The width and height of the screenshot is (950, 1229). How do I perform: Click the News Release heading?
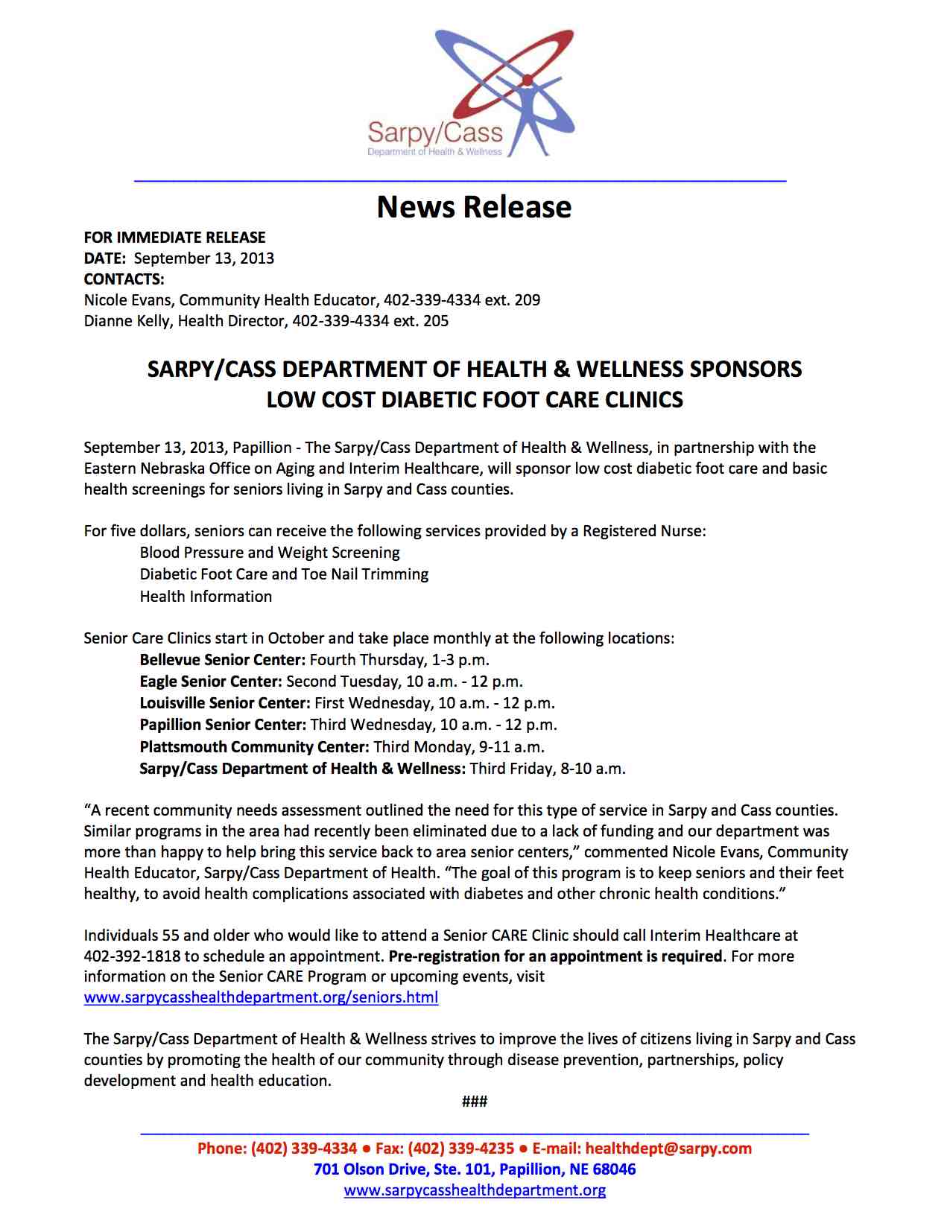click(474, 207)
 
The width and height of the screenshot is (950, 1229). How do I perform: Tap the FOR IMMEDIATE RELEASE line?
click(174, 238)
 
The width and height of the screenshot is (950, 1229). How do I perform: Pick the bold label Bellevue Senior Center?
click(222, 660)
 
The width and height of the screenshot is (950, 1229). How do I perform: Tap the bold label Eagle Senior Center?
click(210, 682)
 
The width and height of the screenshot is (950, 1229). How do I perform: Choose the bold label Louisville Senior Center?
click(224, 703)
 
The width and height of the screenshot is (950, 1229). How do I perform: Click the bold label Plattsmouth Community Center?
click(254, 747)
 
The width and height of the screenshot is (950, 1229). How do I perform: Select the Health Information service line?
click(206, 597)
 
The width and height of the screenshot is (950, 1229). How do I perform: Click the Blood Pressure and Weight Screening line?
click(270, 553)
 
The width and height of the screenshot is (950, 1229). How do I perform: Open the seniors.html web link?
click(261, 997)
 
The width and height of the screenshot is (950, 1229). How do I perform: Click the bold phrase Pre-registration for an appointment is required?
click(555, 956)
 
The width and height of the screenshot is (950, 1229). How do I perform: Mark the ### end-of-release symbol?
click(475, 1102)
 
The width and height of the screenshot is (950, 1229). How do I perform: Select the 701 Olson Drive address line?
click(475, 1169)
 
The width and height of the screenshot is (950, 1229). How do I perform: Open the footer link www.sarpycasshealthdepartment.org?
click(475, 1190)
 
